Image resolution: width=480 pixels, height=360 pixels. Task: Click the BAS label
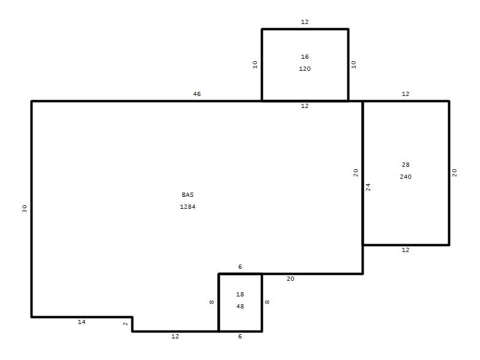click(188, 194)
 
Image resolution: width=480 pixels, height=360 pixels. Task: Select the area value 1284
click(188, 206)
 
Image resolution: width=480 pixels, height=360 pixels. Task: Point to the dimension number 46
click(197, 94)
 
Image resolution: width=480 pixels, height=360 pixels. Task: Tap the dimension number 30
click(25, 208)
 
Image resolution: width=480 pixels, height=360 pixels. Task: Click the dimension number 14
click(82, 322)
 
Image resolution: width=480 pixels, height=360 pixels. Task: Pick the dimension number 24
click(368, 187)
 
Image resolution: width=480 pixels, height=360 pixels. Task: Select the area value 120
click(305, 68)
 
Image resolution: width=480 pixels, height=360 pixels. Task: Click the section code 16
click(305, 56)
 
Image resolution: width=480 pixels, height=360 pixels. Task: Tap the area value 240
click(406, 176)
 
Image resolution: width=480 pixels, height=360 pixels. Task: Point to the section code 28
click(406, 164)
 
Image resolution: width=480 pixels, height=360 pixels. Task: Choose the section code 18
click(240, 294)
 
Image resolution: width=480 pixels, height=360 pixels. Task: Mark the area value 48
click(240, 306)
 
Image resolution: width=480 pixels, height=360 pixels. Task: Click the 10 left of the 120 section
click(255, 64)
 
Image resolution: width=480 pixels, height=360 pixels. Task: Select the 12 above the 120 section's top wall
click(305, 22)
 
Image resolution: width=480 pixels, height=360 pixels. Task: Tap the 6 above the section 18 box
click(240, 266)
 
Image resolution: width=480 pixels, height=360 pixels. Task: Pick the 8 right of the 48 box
click(267, 302)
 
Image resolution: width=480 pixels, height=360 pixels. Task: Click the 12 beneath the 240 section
click(406, 250)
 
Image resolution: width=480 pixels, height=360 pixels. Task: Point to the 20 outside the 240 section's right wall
click(455, 173)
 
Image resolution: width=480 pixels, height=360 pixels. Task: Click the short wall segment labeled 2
click(132, 324)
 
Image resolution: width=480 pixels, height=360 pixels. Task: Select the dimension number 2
click(125, 324)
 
